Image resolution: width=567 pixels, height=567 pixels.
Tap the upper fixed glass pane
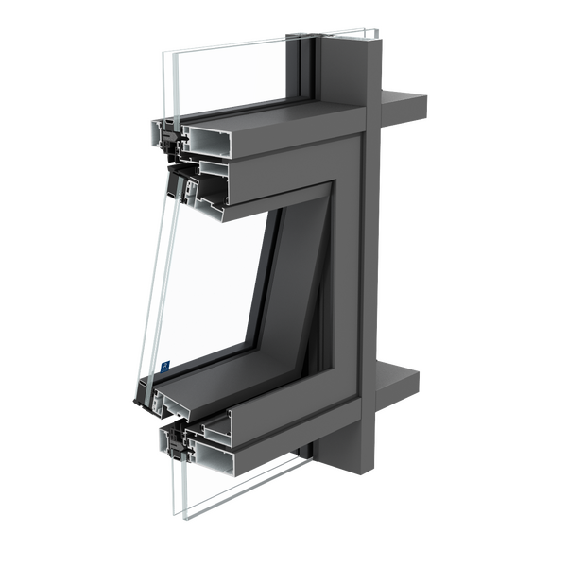(236, 76)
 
